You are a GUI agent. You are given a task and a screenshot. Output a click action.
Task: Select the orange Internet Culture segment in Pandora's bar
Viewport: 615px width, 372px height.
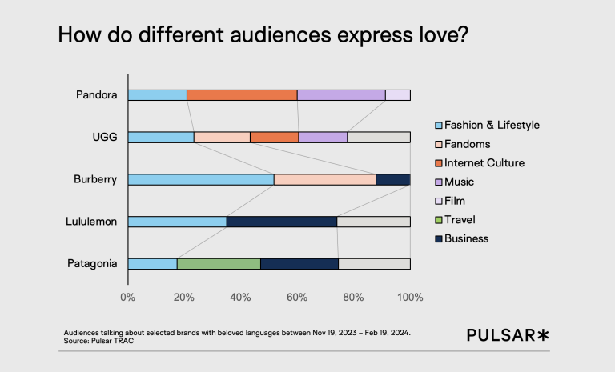[x=242, y=95]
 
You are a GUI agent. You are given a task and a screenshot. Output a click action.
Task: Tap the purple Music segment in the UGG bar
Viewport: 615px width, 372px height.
[x=323, y=137]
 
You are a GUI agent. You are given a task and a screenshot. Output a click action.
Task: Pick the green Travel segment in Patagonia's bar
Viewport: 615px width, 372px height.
[x=219, y=263]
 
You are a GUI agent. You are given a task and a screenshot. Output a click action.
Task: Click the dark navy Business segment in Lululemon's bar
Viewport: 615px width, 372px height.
[x=282, y=222]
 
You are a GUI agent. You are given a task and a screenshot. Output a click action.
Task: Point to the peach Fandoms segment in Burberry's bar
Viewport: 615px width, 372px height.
[x=324, y=179]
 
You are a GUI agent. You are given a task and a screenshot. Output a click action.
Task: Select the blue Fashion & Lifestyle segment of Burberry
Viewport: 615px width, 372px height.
[x=201, y=179]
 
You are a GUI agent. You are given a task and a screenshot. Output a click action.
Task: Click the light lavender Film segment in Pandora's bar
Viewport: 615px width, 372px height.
[x=398, y=95]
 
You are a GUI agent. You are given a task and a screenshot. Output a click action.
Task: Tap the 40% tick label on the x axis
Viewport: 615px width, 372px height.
[x=240, y=298]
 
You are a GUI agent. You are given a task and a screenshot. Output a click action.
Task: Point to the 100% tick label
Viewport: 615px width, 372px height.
[x=410, y=298]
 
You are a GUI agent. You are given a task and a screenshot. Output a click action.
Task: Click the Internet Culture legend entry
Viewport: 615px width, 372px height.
[x=484, y=162]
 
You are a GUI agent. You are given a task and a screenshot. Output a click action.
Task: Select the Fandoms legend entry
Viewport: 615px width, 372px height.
[x=467, y=144]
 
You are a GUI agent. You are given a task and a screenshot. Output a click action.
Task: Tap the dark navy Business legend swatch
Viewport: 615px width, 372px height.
[x=437, y=238]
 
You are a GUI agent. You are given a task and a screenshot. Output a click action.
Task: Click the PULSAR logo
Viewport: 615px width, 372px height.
[x=508, y=335]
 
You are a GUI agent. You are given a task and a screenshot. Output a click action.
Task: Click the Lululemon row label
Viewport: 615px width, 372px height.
[x=92, y=222]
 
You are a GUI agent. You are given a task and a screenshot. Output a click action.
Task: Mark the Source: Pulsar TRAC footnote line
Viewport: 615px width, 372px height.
[x=98, y=341]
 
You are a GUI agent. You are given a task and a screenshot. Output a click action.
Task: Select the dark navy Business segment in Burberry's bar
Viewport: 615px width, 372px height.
[x=392, y=179]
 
